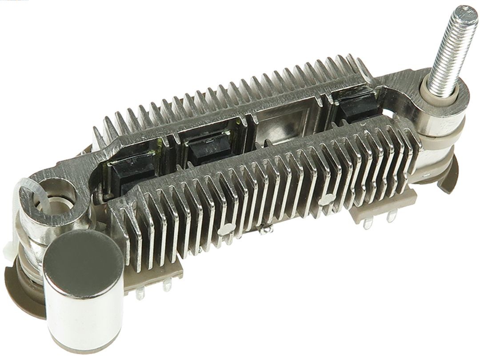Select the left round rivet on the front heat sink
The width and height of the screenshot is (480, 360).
[x=226, y=229]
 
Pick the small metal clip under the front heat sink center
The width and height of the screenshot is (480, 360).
[x=267, y=232]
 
